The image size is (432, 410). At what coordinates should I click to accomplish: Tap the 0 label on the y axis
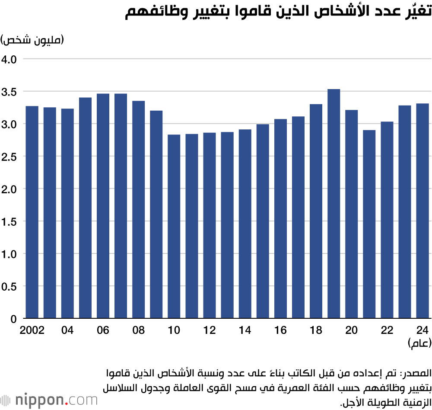[x=13, y=319]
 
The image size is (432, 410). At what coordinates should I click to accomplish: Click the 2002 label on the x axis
[x=32, y=330]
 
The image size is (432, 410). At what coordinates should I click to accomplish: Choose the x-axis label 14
[x=245, y=330]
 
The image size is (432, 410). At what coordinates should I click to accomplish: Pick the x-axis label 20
[x=351, y=330]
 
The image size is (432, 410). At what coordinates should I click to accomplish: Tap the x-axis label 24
[x=422, y=330]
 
